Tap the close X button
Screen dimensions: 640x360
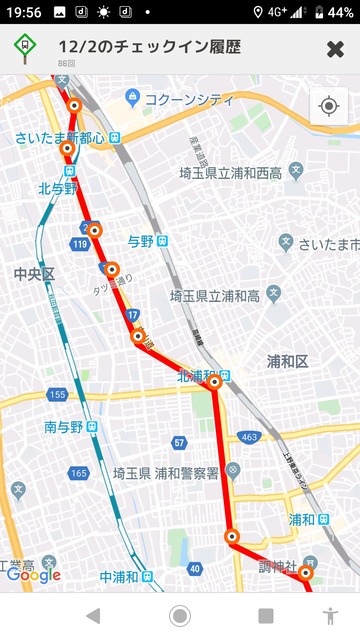(335, 49)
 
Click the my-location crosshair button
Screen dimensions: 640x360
(329, 106)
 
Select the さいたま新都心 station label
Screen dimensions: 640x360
(60, 137)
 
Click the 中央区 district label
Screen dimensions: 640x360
(35, 273)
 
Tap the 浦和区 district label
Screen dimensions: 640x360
(290, 360)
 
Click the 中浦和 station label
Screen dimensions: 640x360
(122, 578)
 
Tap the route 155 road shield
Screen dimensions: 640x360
(57, 395)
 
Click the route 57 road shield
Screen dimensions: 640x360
(179, 442)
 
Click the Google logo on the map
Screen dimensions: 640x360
(33, 574)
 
